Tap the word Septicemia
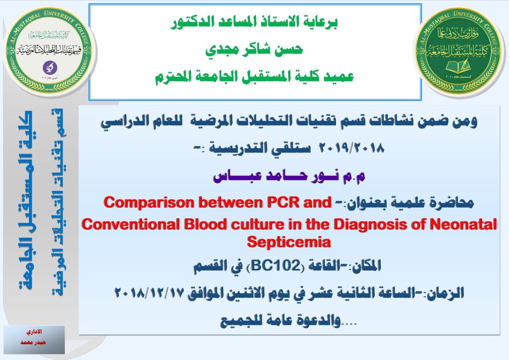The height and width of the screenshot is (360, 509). [x=289, y=242]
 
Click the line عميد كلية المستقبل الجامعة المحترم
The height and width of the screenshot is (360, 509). [x=254, y=77]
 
